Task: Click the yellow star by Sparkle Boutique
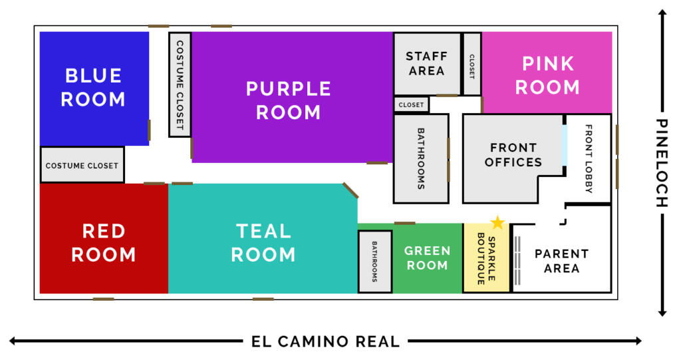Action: click(x=497, y=223)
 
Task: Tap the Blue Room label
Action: click(x=93, y=87)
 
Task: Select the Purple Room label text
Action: click(x=289, y=100)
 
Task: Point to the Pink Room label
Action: click(x=547, y=75)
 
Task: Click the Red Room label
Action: click(x=104, y=243)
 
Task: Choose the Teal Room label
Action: click(x=263, y=243)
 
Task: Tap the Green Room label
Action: click(x=428, y=258)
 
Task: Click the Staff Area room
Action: click(x=427, y=63)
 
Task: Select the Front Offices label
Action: click(x=513, y=155)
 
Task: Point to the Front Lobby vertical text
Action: click(x=589, y=158)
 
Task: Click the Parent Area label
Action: click(x=561, y=261)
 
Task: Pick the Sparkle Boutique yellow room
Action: click(x=486, y=258)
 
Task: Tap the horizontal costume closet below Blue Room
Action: click(x=82, y=165)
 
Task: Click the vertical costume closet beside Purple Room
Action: click(x=180, y=85)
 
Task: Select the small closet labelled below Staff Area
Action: click(x=411, y=104)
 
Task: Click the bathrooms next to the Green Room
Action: click(x=375, y=262)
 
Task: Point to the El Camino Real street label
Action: click(x=326, y=341)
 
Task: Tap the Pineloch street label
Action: click(x=662, y=163)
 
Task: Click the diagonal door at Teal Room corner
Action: click(x=350, y=190)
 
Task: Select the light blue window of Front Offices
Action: click(x=565, y=145)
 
